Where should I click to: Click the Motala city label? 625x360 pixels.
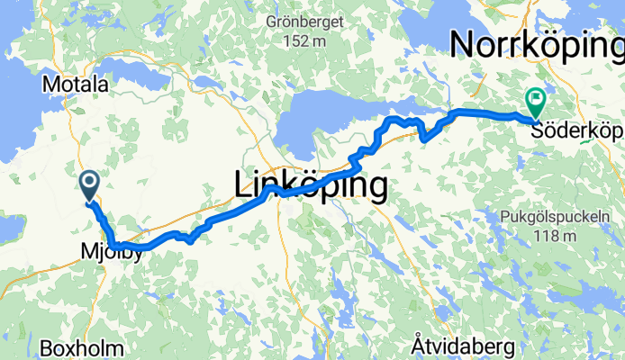(76, 85)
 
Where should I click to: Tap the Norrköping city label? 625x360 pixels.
(536, 44)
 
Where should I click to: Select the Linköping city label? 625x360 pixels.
(311, 185)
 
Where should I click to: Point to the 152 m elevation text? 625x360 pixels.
(303, 40)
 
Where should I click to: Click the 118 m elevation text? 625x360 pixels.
(548, 236)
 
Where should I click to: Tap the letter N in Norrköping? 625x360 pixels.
(464, 44)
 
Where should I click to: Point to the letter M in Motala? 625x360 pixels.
(50, 85)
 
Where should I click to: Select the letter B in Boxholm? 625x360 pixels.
(46, 346)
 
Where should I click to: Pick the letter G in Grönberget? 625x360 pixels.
(272, 22)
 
